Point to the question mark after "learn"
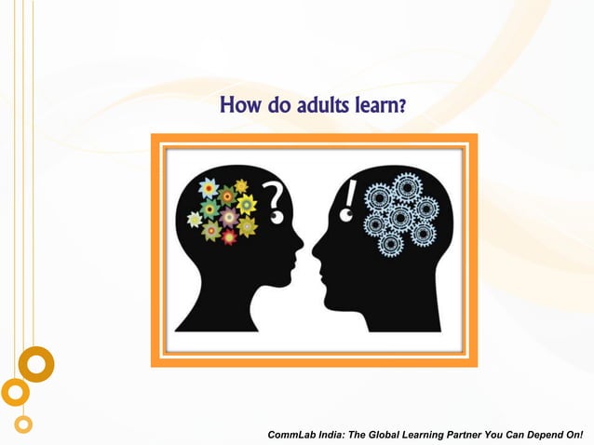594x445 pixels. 402,108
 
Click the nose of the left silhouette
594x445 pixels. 299,246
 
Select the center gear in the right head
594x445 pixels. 401,219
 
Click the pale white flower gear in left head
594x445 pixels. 195,220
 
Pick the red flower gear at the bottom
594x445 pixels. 229,236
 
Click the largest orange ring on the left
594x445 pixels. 36,364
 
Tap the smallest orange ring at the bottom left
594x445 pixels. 23,424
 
